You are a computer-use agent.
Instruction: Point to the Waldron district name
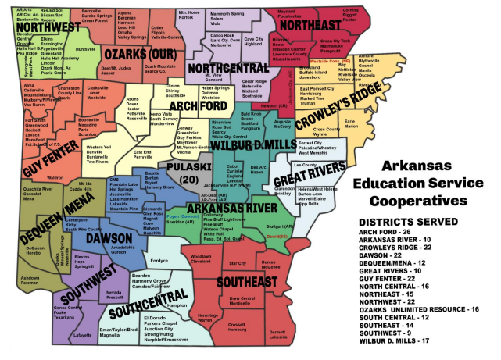point(55,177)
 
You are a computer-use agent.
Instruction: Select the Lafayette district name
point(82,334)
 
